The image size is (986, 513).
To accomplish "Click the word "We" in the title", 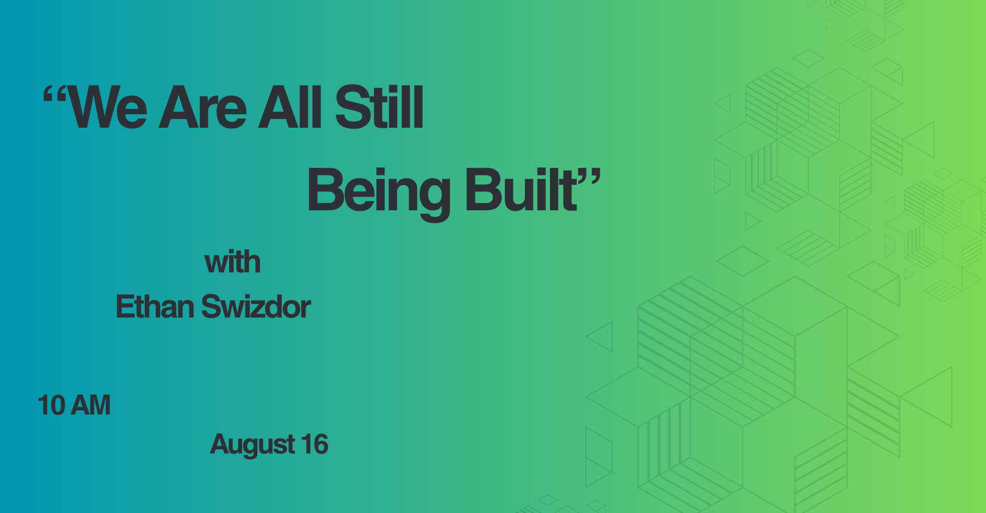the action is tap(108, 108).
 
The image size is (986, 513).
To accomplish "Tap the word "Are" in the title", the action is tap(203, 108).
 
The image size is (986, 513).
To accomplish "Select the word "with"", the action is tap(233, 262).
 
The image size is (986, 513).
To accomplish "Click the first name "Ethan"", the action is tap(155, 307).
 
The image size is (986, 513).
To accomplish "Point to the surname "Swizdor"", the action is tap(256, 307).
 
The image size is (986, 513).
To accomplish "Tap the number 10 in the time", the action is tap(51, 405).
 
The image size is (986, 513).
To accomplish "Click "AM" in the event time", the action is tap(91, 405).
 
